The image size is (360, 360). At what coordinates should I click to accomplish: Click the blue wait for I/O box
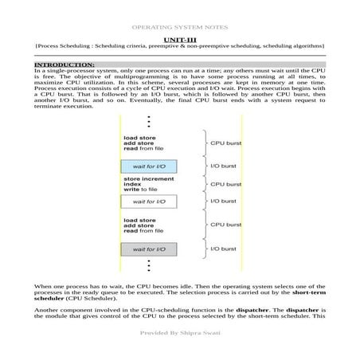click(x=149, y=166)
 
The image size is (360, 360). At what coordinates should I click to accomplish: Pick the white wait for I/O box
click(x=149, y=202)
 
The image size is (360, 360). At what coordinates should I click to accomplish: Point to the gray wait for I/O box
click(x=149, y=249)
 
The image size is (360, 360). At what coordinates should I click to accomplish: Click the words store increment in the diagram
click(x=148, y=179)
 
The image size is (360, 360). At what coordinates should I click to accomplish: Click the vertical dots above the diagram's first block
click(x=149, y=123)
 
